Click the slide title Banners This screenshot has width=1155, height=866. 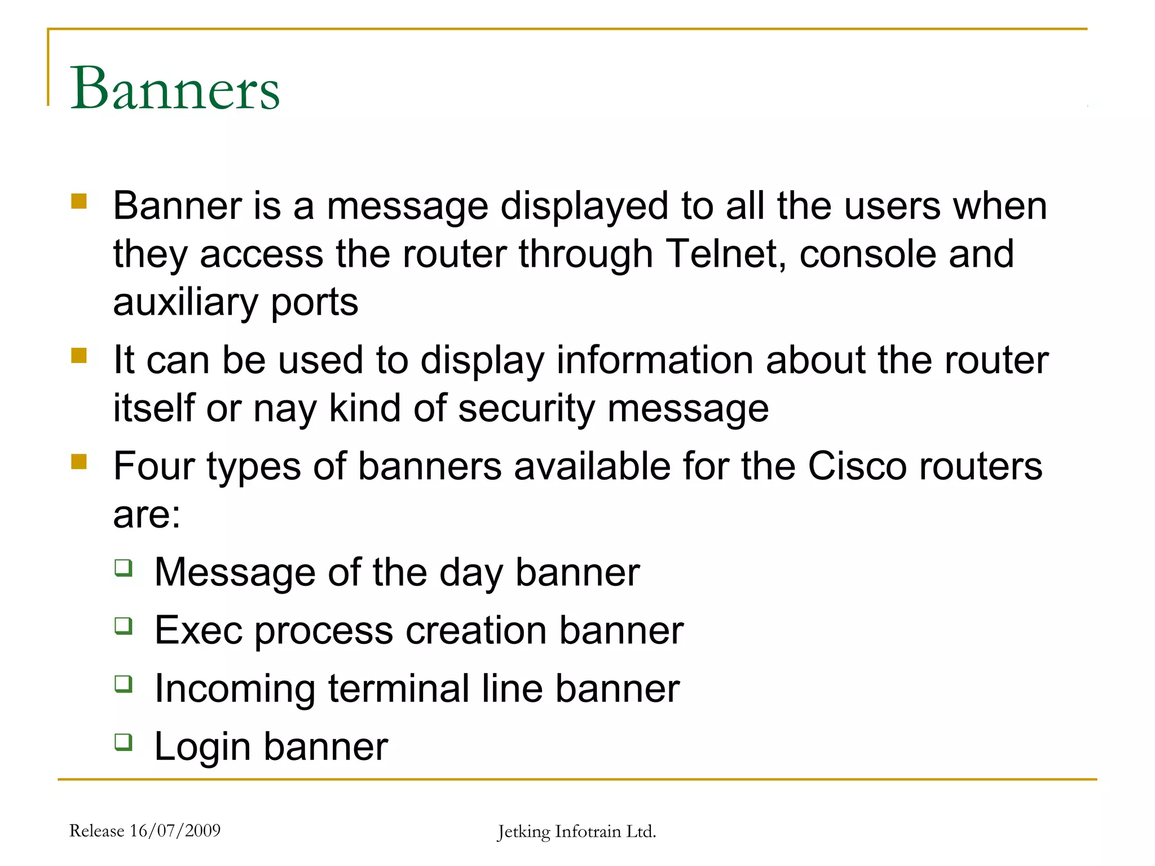175,89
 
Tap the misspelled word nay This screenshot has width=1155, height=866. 285,409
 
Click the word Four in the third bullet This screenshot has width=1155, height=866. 153,466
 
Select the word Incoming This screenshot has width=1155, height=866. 235,689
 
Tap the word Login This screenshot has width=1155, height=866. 202,747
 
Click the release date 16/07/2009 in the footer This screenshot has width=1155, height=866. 175,830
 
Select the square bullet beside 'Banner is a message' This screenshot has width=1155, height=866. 79,201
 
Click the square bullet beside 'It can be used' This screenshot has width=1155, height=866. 79,356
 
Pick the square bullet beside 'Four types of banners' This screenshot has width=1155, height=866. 79,462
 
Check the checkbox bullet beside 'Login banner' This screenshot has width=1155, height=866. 124,741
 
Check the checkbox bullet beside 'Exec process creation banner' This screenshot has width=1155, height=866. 124,625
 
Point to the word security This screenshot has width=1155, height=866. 526,409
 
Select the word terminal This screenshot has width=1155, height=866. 398,689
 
